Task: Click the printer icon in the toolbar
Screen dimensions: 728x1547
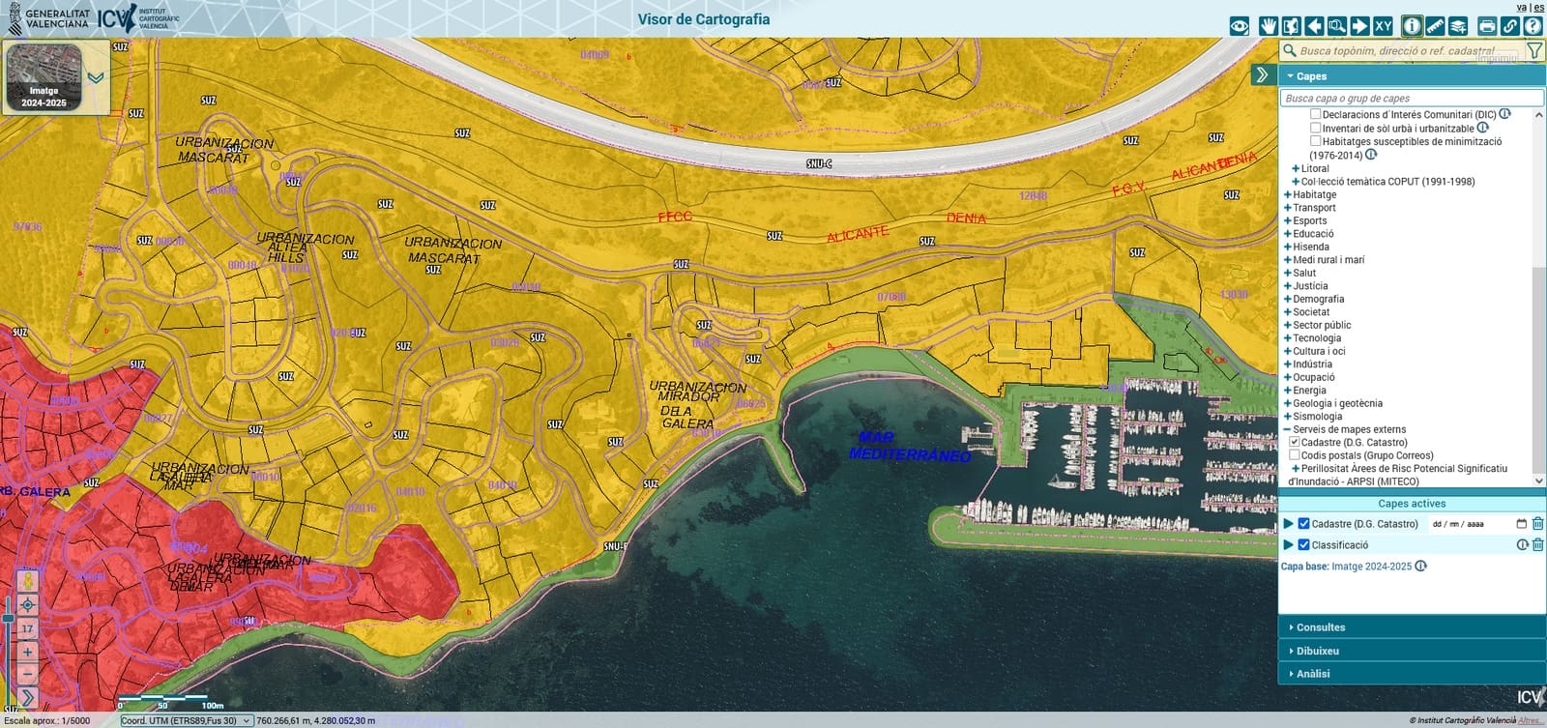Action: pyautogui.click(x=1487, y=26)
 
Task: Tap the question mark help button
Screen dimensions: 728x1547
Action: pyautogui.click(x=1532, y=26)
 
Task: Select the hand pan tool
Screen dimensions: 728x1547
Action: pyautogui.click(x=1269, y=26)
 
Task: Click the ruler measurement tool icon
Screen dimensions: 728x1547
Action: pyautogui.click(x=1435, y=26)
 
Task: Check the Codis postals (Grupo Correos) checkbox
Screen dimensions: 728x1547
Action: pyautogui.click(x=1295, y=455)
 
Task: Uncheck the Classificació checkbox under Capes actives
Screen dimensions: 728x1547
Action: pyautogui.click(x=1303, y=544)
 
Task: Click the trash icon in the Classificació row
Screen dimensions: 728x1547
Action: pyautogui.click(x=1538, y=544)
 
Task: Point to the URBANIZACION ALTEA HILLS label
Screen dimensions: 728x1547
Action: pyautogui.click(x=304, y=248)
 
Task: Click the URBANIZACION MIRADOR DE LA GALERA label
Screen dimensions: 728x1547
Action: pyautogui.click(x=697, y=404)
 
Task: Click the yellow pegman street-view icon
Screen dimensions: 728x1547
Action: pyautogui.click(x=27, y=581)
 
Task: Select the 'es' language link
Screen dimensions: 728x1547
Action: pyautogui.click(x=1538, y=7)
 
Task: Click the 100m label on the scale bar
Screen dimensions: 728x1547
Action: pyautogui.click(x=212, y=706)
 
